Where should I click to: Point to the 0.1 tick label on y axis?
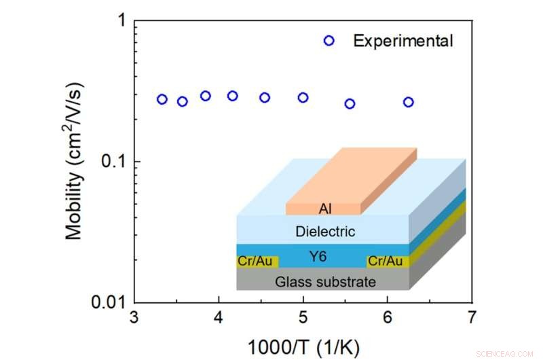coord(113,162)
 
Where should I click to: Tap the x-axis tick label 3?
coord(134,318)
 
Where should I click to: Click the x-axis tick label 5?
coord(303,318)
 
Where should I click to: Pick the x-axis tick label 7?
coord(471,318)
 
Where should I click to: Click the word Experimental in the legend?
coord(402,41)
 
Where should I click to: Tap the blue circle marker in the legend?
coord(329,41)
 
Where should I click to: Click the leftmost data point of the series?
coord(162,99)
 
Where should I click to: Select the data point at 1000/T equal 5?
coord(303,98)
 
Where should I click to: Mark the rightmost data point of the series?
coord(408,102)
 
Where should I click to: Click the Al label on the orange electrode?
coord(325,209)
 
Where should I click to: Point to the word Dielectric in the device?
coord(325,232)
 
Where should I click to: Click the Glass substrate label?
coord(324,281)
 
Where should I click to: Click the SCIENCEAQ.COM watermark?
coord(506,353)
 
